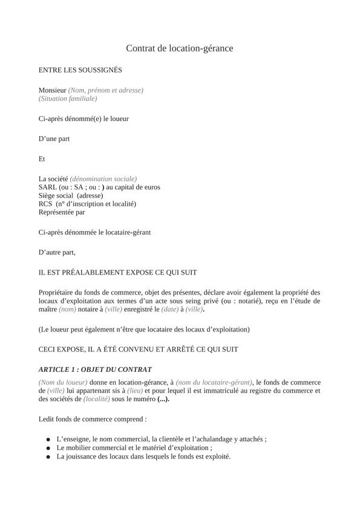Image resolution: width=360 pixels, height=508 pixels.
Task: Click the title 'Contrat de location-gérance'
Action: [x=180, y=48]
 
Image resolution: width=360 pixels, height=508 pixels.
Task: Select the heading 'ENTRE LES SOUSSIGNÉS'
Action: [x=80, y=70]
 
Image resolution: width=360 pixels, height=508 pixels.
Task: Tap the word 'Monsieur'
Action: [x=52, y=90]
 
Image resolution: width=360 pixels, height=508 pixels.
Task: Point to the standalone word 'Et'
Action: [x=42, y=159]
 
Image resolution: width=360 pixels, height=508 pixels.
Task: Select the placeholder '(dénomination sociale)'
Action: [x=103, y=178]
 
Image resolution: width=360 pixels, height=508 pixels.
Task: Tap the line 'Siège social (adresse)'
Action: [x=71, y=195]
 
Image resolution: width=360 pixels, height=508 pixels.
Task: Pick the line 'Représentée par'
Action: [x=62, y=212]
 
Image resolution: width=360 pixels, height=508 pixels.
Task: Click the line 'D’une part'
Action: [x=54, y=138]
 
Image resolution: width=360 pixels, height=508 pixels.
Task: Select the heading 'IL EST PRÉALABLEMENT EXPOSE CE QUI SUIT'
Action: [x=117, y=272]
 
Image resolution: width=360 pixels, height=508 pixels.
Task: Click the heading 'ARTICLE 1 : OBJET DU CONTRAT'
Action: [x=95, y=369]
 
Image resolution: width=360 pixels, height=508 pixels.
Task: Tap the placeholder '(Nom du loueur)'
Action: [x=63, y=382]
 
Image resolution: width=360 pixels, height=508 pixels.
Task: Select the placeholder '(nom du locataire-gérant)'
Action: [x=214, y=382]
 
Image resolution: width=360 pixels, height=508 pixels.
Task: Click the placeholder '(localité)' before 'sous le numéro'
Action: [x=97, y=399]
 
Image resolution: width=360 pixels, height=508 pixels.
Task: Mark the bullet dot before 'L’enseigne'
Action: [x=48, y=440]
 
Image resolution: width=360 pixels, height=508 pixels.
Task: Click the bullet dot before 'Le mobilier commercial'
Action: [x=48, y=448]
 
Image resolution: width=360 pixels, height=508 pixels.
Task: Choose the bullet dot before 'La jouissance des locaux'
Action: [x=48, y=457]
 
